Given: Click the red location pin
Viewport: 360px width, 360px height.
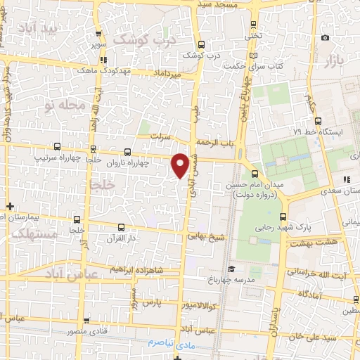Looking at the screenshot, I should tap(180, 165).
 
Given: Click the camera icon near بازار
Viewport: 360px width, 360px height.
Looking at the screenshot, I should tap(325, 38).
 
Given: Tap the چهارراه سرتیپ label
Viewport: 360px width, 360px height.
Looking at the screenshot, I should tap(58, 159).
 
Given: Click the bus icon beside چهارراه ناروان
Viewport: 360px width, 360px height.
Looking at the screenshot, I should tap(127, 150).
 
